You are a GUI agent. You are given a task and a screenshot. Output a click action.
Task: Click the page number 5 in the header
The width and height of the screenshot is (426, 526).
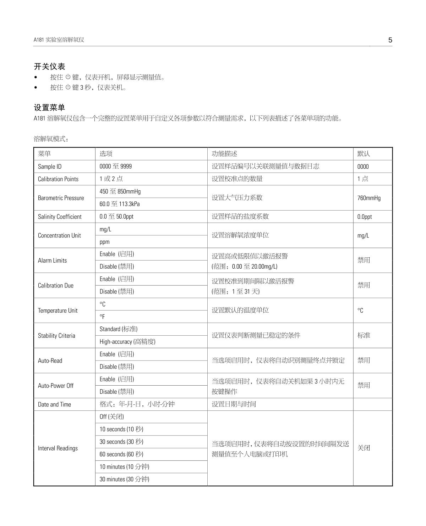(390, 40)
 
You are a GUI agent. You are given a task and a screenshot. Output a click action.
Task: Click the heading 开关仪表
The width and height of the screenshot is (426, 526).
(49, 66)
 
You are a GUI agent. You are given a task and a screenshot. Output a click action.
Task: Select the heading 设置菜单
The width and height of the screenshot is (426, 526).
(49, 107)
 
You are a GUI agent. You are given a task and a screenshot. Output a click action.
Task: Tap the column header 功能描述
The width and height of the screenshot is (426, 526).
(224, 153)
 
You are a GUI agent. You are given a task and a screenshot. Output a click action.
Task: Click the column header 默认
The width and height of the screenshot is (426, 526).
(364, 153)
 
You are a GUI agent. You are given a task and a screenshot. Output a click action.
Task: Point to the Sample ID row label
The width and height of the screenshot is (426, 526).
(50, 167)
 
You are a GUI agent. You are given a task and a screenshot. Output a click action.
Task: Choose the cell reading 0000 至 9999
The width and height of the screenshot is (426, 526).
(115, 166)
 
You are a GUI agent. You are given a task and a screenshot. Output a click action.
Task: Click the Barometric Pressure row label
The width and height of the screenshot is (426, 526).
(61, 198)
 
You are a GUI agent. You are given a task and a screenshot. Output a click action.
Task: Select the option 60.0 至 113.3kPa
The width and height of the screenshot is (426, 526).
(120, 204)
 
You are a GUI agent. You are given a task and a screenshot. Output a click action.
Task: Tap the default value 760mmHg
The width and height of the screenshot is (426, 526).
(369, 198)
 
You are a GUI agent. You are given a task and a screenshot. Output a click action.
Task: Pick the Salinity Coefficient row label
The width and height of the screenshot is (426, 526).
(60, 217)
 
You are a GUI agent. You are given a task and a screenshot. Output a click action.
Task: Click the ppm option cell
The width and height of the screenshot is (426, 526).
(104, 242)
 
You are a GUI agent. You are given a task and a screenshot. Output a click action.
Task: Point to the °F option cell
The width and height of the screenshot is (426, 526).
(102, 317)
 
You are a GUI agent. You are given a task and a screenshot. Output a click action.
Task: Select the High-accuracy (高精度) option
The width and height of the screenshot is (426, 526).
(127, 342)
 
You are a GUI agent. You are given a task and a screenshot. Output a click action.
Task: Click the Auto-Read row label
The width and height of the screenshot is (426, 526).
(50, 360)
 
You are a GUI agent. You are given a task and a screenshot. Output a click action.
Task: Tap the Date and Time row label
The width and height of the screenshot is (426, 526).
(54, 404)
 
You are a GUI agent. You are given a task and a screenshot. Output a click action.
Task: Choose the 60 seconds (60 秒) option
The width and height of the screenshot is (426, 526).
(121, 454)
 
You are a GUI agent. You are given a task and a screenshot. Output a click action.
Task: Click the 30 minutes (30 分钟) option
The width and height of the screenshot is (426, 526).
(124, 479)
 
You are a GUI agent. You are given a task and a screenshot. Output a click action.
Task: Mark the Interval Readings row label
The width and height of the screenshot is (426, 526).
(58, 448)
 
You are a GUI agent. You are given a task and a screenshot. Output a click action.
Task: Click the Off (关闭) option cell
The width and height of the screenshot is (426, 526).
(111, 416)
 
